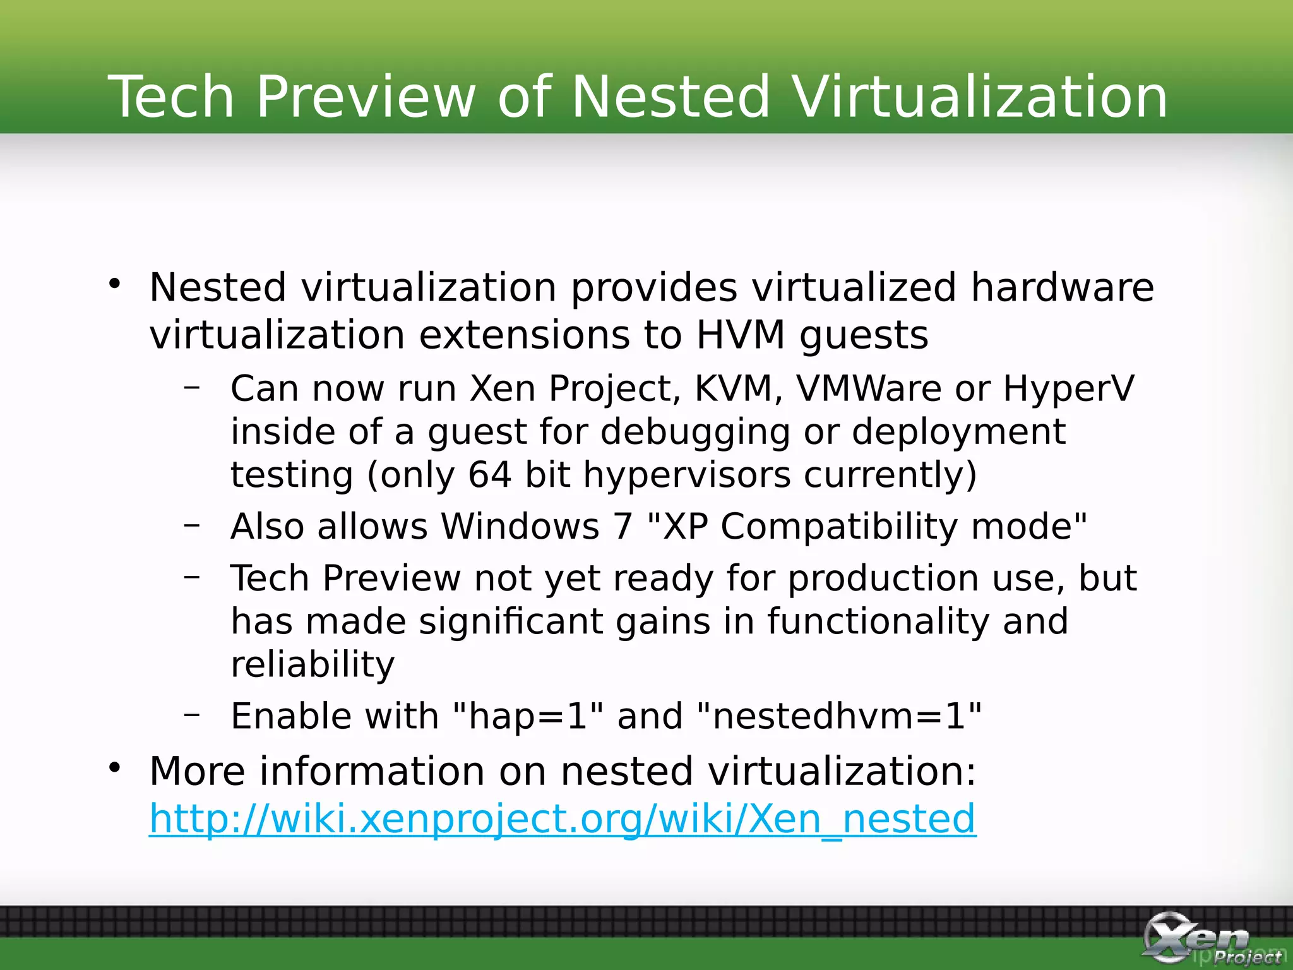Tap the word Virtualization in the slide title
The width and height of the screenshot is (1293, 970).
(x=980, y=97)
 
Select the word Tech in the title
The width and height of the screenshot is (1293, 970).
(x=171, y=97)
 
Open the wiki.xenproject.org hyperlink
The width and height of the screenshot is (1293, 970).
(x=563, y=819)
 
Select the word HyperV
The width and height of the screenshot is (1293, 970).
(x=1068, y=388)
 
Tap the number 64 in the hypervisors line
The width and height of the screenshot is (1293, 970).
(x=489, y=475)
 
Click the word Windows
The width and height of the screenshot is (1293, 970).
(x=520, y=526)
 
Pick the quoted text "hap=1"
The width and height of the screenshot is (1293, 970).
(x=528, y=717)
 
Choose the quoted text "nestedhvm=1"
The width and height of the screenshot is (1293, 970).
(x=839, y=717)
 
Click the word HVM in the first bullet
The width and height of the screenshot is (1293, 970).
(x=740, y=335)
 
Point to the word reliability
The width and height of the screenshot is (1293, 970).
(x=313, y=665)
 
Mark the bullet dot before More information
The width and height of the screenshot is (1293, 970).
(x=114, y=768)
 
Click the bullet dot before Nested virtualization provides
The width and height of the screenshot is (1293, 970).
(x=114, y=284)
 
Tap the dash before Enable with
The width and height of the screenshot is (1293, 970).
(x=192, y=714)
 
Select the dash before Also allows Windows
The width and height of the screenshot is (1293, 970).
(x=192, y=524)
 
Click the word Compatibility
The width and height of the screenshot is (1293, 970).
(x=839, y=527)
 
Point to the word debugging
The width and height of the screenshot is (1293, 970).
(x=695, y=433)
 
